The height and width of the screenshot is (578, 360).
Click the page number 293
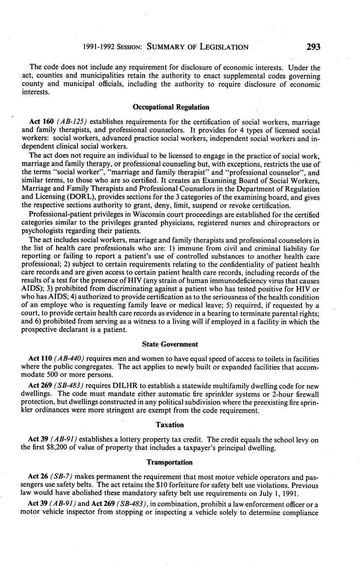pyautogui.click(x=313, y=46)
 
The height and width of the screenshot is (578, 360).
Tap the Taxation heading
pyautogui.click(x=170, y=425)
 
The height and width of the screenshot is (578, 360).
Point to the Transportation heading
pyautogui.click(x=170, y=462)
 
